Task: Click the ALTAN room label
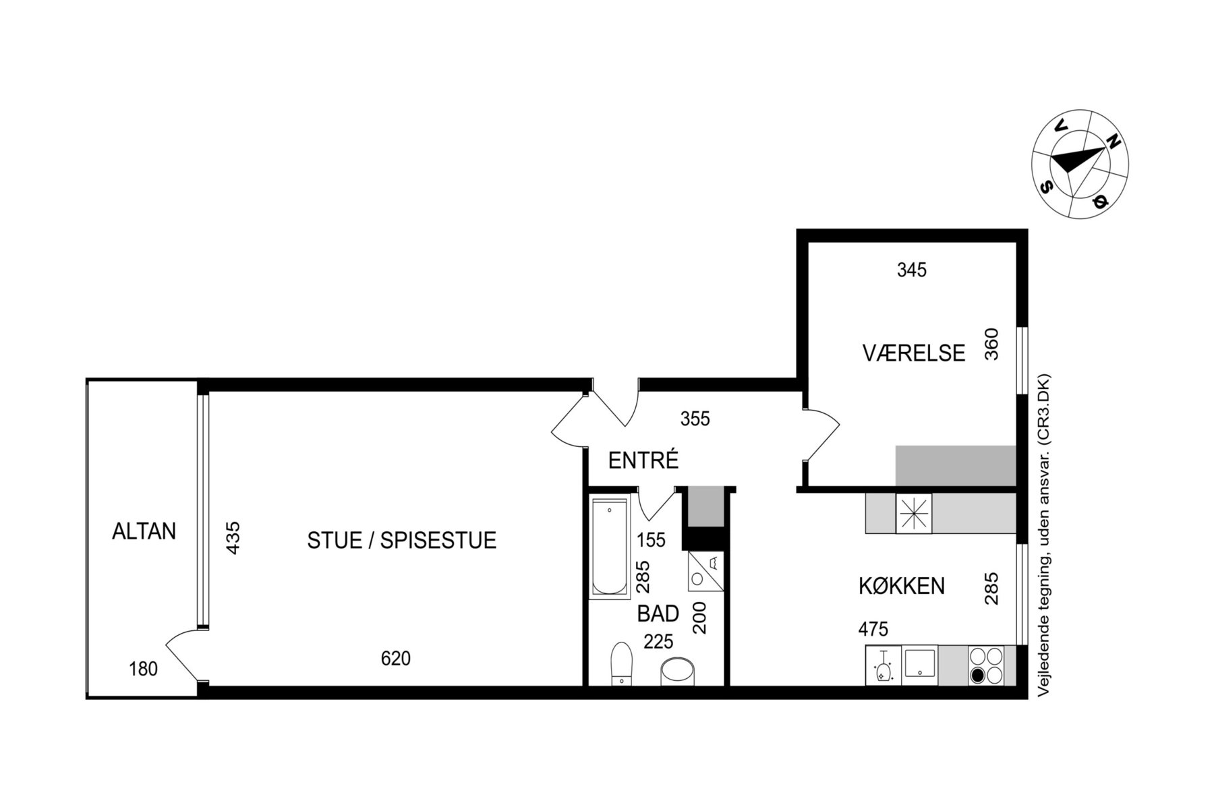(144, 531)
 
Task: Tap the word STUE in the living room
(334, 540)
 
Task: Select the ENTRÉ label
(643, 460)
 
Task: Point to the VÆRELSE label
(914, 353)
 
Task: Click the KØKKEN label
(902, 586)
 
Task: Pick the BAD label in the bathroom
(658, 613)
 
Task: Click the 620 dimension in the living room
(396, 658)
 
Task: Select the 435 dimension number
(233, 537)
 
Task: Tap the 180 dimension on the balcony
(143, 669)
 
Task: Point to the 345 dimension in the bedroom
(912, 270)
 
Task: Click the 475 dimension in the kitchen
(873, 629)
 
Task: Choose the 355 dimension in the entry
(695, 419)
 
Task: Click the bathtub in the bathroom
(610, 547)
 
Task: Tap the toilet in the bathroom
(621, 663)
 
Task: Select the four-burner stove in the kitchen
(986, 666)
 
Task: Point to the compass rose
(1080, 164)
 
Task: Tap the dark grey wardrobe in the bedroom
(956, 465)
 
